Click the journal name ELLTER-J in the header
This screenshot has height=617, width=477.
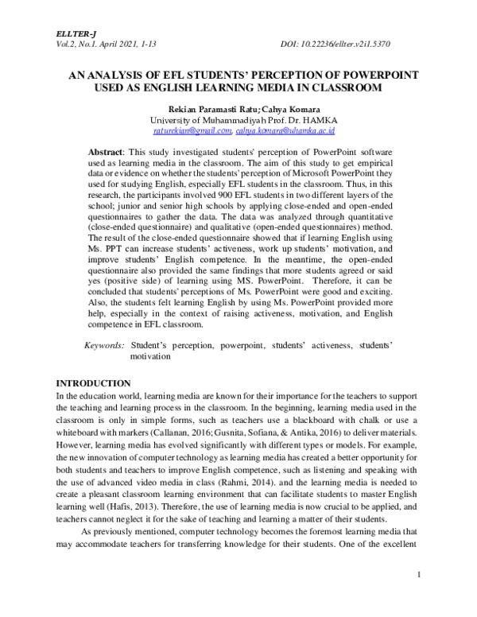(74, 34)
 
